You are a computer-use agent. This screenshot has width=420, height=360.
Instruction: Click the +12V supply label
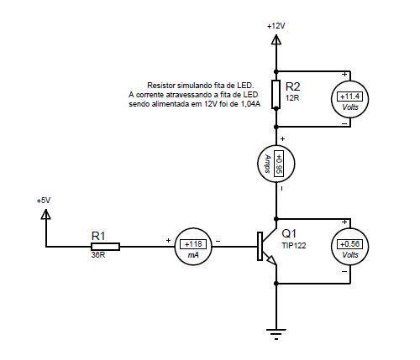(x=276, y=26)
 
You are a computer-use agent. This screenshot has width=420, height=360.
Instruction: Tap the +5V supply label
(x=44, y=201)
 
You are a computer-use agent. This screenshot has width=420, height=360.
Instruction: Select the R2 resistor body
(x=276, y=94)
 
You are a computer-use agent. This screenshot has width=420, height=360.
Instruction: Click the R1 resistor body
(x=106, y=247)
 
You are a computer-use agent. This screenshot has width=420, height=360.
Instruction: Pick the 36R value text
(x=98, y=255)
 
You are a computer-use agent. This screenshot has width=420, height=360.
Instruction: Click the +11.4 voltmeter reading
(x=349, y=97)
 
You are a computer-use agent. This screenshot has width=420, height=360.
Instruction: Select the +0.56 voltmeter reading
(x=349, y=244)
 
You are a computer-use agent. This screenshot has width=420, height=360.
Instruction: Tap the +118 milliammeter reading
(x=193, y=244)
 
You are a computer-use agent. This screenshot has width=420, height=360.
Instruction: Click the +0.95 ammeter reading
(x=279, y=164)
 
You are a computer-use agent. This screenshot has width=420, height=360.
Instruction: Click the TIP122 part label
(x=294, y=246)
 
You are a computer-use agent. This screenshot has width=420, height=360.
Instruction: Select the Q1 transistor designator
(x=289, y=233)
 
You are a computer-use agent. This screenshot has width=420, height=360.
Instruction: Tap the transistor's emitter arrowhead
(x=271, y=260)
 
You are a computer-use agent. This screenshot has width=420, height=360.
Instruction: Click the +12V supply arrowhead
(x=276, y=39)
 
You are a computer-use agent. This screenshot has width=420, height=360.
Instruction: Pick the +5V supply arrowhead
(x=46, y=214)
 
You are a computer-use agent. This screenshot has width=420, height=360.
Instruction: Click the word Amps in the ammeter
(x=267, y=164)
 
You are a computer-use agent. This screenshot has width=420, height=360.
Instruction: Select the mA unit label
(x=193, y=255)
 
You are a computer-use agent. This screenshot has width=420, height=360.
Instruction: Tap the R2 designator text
(x=292, y=86)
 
